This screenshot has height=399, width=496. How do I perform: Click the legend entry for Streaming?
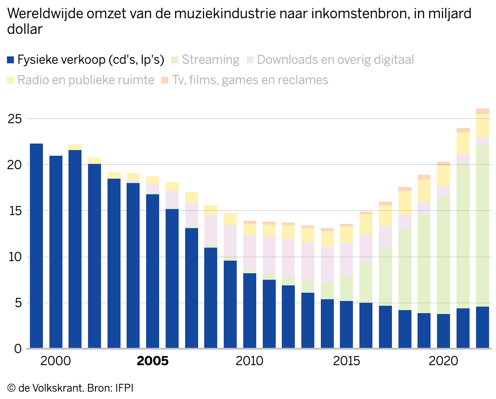206,59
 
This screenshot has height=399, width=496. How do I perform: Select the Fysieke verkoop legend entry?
86,59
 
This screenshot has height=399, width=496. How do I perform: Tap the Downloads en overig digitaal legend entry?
330,59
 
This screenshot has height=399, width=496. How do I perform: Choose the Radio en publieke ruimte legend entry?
81,80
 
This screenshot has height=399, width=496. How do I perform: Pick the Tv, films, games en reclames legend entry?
245,80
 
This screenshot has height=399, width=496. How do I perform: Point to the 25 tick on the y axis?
15,119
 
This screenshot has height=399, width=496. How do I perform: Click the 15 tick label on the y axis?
15,211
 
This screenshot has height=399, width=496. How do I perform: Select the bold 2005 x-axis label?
153,361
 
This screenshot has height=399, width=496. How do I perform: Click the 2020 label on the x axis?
443,361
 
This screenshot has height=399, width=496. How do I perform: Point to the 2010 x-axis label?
249,361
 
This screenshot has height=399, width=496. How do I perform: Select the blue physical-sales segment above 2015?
346,325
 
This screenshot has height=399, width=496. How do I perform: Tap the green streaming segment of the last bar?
483,226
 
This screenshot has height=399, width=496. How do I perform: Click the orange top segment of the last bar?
483,111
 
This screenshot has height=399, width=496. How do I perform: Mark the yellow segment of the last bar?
483,126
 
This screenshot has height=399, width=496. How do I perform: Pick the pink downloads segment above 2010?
250,252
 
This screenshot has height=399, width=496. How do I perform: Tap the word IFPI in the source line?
124,388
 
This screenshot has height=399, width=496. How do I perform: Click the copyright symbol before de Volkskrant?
11,388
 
